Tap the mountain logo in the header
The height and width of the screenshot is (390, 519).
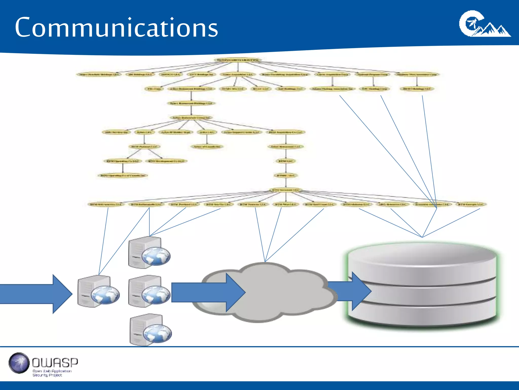point(485,24)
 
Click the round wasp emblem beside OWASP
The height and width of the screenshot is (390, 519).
point(19,363)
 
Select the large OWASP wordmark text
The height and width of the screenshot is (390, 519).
point(55,363)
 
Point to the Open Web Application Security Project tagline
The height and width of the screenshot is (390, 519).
point(52,373)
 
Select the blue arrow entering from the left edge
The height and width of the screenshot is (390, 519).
point(35,294)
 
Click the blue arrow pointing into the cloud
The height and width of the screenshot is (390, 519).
point(208,292)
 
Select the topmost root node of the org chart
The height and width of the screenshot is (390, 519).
point(237,60)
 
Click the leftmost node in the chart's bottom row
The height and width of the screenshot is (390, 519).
point(106,204)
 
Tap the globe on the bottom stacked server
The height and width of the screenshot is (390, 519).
point(157,333)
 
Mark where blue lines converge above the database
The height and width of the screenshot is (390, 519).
point(422,237)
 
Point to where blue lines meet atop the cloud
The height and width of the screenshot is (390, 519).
point(265,262)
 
